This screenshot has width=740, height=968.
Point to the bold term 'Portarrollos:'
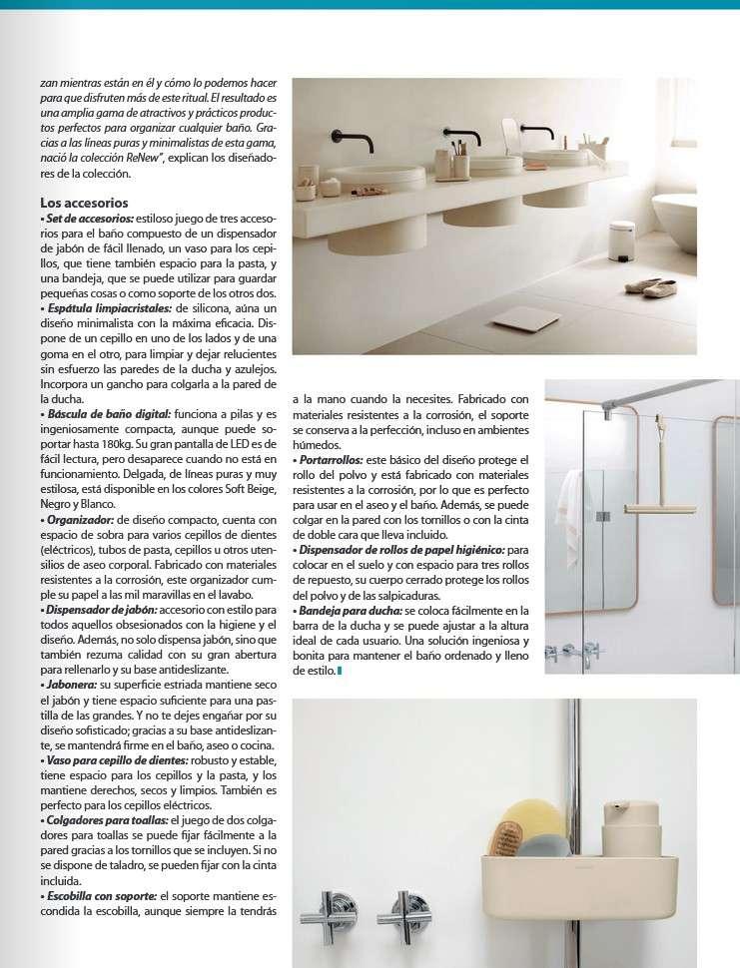click(x=331, y=459)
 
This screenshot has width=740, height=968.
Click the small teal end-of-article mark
click(x=340, y=672)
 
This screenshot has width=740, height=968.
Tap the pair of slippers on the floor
click(x=651, y=287)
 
